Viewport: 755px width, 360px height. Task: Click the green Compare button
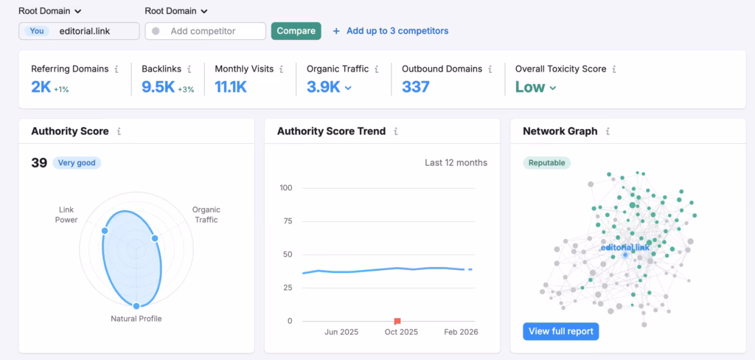pos(296,31)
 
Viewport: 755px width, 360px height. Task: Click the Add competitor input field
pos(206,31)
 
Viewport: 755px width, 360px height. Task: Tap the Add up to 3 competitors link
pos(391,31)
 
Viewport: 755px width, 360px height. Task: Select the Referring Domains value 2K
pos(41,87)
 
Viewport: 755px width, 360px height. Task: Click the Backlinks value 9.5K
pos(158,87)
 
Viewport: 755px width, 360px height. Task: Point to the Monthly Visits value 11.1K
pos(231,87)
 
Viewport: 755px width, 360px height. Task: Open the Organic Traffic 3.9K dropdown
pos(329,87)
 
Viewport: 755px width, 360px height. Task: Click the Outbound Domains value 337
pos(416,87)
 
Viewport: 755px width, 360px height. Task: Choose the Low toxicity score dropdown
pos(535,87)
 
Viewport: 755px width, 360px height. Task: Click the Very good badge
pos(77,162)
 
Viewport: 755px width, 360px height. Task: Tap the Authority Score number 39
pos(39,162)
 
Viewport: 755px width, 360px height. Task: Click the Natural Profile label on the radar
pos(136,319)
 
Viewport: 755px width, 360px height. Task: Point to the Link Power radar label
pos(66,215)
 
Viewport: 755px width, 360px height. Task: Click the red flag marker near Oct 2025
pos(397,321)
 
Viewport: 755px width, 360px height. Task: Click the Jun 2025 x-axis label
pos(341,332)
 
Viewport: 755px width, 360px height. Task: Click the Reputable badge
pos(547,162)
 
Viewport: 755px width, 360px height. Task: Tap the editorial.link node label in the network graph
pos(625,248)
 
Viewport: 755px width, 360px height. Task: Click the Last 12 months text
pos(456,162)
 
